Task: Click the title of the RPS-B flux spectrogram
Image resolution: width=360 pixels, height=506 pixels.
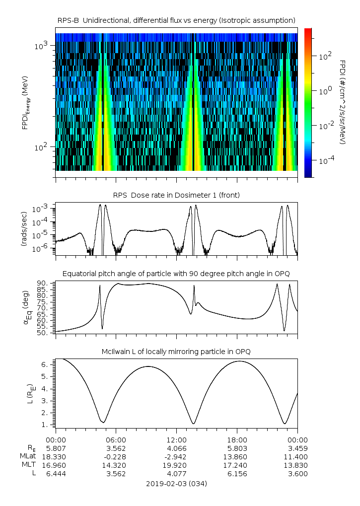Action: [x=176, y=20]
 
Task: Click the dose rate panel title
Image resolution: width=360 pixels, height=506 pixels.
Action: [x=176, y=195]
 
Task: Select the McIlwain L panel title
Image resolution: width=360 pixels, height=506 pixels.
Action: [x=176, y=352]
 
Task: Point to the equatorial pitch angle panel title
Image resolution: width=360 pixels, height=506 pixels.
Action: [x=176, y=274]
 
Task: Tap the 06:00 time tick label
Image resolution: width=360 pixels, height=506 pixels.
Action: [x=116, y=439]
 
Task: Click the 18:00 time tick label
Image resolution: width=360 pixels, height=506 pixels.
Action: [x=237, y=439]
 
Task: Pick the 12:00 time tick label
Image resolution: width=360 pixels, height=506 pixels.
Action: [x=176, y=439]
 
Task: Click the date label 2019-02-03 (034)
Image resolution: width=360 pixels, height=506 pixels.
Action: [x=176, y=483]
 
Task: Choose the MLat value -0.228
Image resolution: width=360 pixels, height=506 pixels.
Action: [x=116, y=456]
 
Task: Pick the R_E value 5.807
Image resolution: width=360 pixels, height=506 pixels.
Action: [x=56, y=448]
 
